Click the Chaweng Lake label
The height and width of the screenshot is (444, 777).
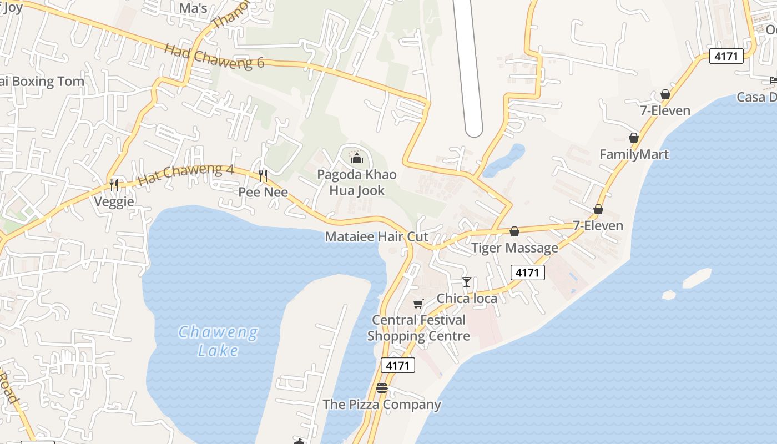pyautogui.click(x=218, y=341)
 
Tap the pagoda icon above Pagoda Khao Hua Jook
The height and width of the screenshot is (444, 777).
pyautogui.click(x=356, y=159)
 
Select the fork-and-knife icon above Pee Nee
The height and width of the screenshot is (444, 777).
pyautogui.click(x=263, y=176)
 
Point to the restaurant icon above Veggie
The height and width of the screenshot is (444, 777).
pyautogui.click(x=114, y=185)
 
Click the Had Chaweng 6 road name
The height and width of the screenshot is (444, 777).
pyautogui.click(x=214, y=56)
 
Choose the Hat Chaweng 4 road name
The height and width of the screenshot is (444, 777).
pyautogui.click(x=185, y=174)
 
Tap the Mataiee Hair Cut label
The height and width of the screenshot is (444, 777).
pyautogui.click(x=376, y=236)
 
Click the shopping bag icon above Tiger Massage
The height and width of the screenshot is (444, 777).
pyautogui.click(x=514, y=231)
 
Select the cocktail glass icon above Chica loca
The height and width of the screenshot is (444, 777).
pyautogui.click(x=467, y=282)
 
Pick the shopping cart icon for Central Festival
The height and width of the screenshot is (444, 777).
pyautogui.click(x=418, y=304)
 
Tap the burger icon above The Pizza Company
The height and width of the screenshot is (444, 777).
pyautogui.click(x=381, y=388)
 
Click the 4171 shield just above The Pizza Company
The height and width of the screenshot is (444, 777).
pyautogui.click(x=398, y=365)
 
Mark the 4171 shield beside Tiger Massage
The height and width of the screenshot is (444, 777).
pyautogui.click(x=527, y=273)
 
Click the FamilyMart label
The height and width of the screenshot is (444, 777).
pyautogui.click(x=634, y=154)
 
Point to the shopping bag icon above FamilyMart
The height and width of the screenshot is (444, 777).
pyautogui.click(x=634, y=138)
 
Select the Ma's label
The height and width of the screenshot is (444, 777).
pyautogui.click(x=193, y=8)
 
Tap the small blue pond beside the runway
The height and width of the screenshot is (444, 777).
pyautogui.click(x=504, y=160)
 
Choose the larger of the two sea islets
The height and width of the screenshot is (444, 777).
pyautogui.click(x=697, y=279)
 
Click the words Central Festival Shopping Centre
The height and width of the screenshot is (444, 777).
pyautogui.click(x=418, y=328)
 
